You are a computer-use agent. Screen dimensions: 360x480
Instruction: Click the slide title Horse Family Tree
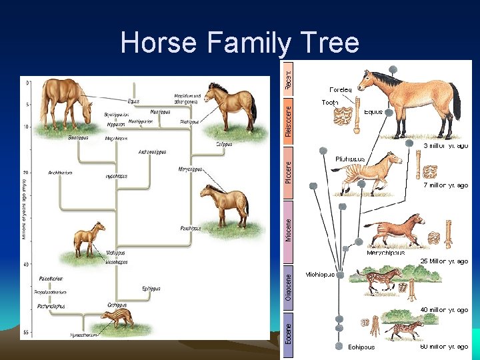(239, 43)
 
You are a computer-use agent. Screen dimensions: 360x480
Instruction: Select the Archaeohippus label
(153, 152)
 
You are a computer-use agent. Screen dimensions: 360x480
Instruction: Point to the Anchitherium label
(60, 173)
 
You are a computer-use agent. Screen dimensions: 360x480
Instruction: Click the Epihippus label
(151, 289)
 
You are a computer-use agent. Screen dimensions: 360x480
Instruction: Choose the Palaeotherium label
(51, 278)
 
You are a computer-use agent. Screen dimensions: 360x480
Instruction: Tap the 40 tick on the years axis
(27, 264)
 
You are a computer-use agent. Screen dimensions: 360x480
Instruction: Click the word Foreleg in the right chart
(341, 89)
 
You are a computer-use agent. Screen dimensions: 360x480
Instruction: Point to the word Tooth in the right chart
(330, 103)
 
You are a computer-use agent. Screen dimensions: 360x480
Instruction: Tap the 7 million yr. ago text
(445, 185)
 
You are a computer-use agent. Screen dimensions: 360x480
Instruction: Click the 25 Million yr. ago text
(444, 261)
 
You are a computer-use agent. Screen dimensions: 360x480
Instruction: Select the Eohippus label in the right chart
(361, 347)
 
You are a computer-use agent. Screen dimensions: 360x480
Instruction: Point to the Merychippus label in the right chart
(386, 253)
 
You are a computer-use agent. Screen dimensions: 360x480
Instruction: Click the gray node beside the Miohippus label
(340, 275)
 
